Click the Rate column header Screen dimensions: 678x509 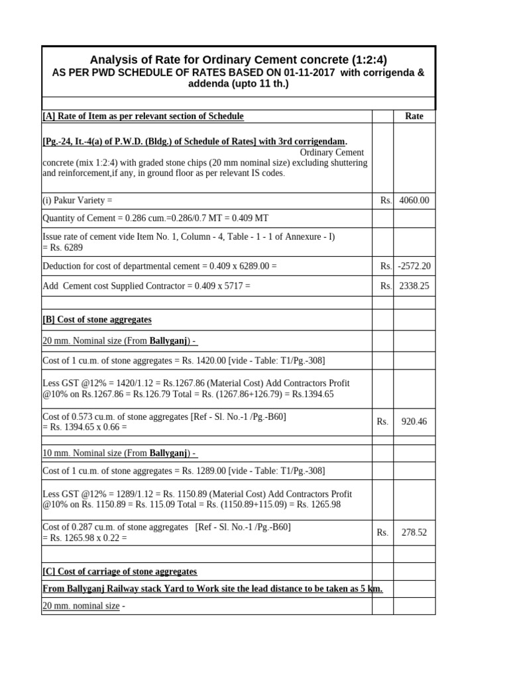point(414,116)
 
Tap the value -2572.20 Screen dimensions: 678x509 point(414,266)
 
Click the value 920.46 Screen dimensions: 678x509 point(414,421)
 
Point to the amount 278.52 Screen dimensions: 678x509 point(414,532)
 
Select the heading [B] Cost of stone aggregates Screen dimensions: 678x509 point(97,319)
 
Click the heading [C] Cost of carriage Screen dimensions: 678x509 point(119,571)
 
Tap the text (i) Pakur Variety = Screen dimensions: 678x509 point(78,200)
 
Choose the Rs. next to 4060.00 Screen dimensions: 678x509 point(386,200)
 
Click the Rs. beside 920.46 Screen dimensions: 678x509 point(382,421)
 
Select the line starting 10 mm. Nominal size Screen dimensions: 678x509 point(119,453)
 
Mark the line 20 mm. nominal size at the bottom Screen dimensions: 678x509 point(81,605)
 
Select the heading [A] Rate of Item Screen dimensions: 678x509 point(142,116)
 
